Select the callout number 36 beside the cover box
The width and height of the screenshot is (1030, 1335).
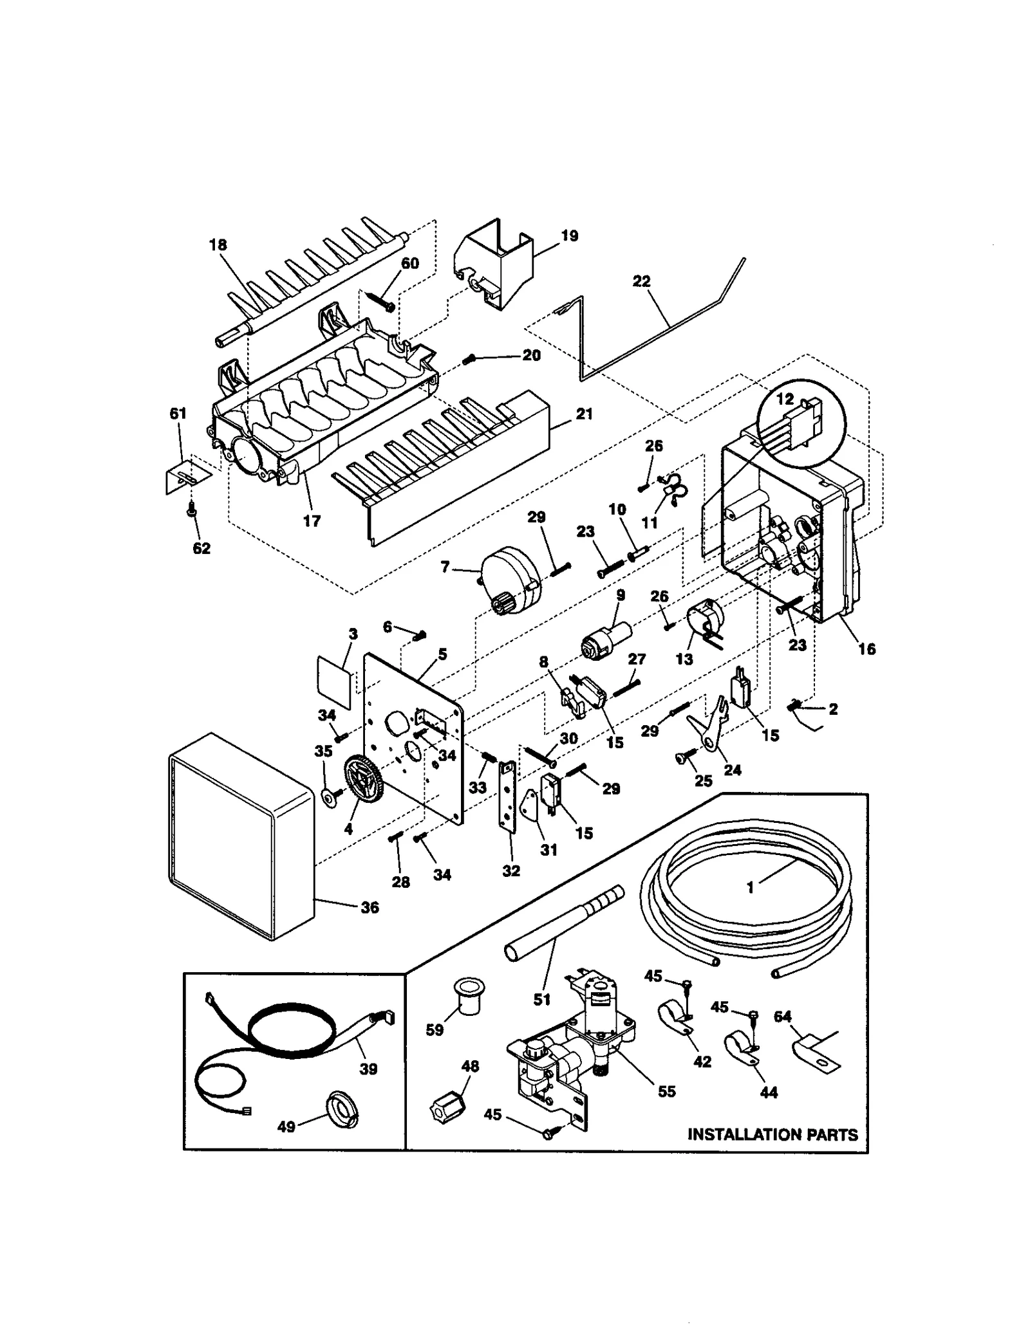point(370,908)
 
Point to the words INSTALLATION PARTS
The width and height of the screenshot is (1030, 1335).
point(772,1134)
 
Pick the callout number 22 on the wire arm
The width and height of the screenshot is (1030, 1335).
point(641,281)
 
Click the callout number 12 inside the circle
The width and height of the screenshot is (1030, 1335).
point(785,399)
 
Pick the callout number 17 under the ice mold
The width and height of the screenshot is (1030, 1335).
point(312,520)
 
